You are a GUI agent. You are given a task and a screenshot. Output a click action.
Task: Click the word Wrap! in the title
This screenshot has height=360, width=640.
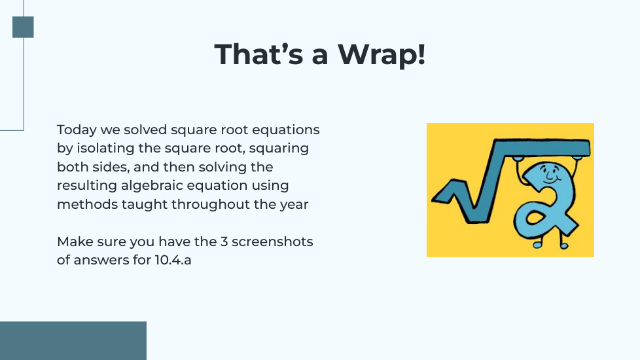pyautogui.click(x=382, y=55)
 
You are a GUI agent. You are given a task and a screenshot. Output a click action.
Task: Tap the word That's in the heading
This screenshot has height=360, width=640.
pyautogui.click(x=258, y=54)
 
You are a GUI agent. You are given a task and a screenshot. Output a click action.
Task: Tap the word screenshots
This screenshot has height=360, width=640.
pyautogui.click(x=272, y=242)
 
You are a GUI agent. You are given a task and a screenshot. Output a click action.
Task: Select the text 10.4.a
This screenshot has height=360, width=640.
pyautogui.click(x=173, y=260)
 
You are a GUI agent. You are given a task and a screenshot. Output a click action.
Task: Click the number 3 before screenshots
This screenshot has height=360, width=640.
pyautogui.click(x=224, y=242)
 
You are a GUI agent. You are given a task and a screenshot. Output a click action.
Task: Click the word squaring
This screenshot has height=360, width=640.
pyautogui.click(x=279, y=148)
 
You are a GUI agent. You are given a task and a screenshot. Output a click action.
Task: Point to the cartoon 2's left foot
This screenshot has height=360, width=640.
pyautogui.click(x=537, y=244)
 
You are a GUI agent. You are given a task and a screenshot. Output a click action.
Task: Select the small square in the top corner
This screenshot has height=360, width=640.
pyautogui.click(x=23, y=27)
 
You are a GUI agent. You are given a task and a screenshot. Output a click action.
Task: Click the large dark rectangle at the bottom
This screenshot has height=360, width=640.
pyautogui.click(x=73, y=341)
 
